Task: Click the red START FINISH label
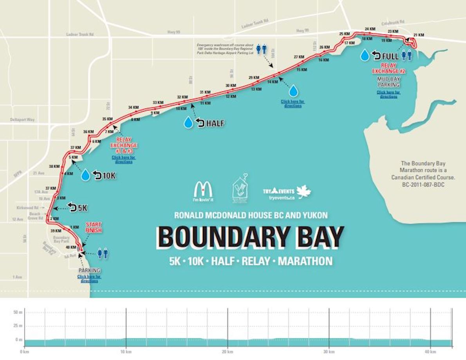(94, 227)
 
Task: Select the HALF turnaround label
(215, 123)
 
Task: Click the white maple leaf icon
(303, 192)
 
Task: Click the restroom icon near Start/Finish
(103, 254)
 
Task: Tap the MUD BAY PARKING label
(388, 82)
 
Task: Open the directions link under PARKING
(89, 279)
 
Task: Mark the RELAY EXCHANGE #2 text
(388, 68)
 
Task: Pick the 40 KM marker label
(71, 247)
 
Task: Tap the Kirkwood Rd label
(27, 207)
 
